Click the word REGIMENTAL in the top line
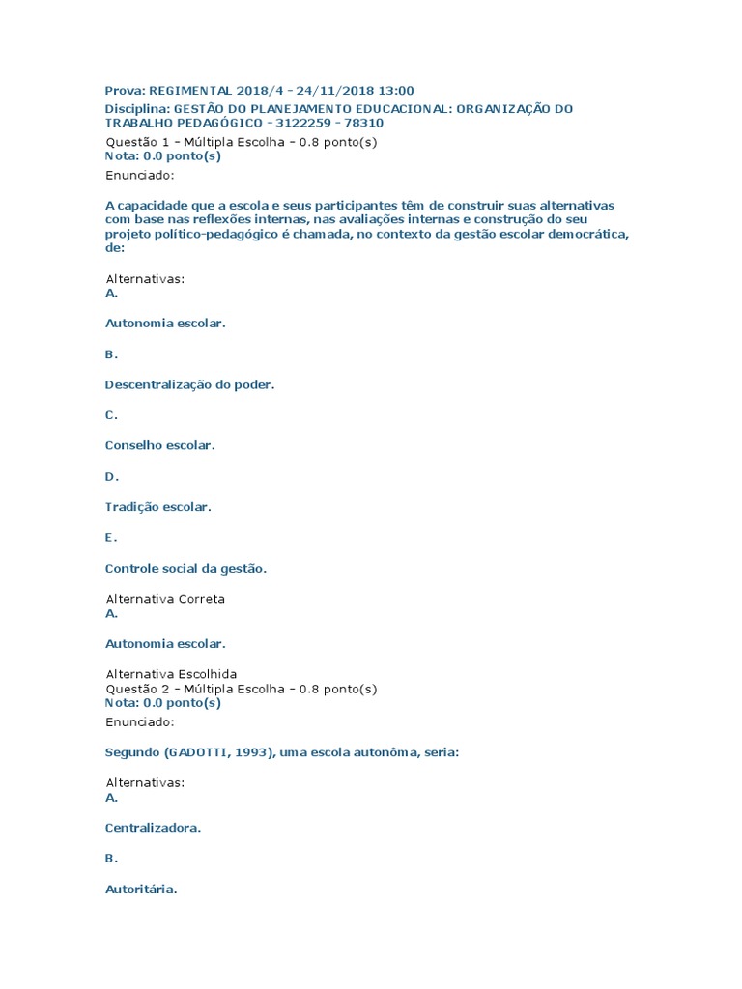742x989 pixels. click(x=191, y=91)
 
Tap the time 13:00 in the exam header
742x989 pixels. click(x=396, y=91)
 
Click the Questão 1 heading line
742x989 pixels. click(x=241, y=142)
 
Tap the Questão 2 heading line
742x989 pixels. click(x=241, y=690)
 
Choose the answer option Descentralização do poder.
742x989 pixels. click(x=189, y=384)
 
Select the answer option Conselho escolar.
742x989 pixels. click(x=159, y=445)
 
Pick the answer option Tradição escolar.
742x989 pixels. click(x=157, y=507)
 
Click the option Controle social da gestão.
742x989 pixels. click(x=185, y=569)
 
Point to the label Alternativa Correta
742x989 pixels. click(x=164, y=599)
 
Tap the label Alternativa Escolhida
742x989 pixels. click(x=170, y=674)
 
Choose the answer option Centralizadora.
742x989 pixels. click(x=153, y=828)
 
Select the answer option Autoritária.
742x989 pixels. click(x=141, y=890)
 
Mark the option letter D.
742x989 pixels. click(x=111, y=476)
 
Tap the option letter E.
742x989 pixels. click(x=111, y=538)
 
